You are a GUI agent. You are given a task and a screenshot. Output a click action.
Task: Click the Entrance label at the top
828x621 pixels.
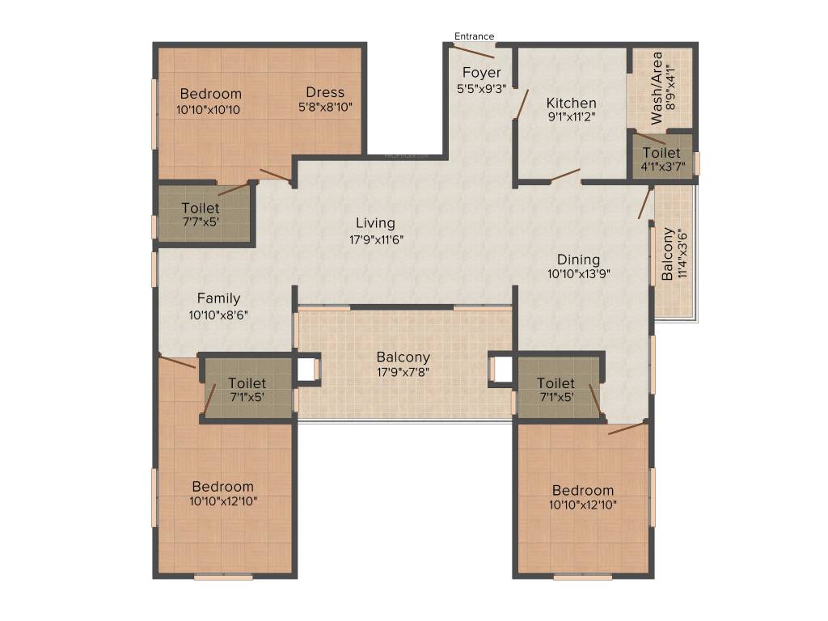[474, 36]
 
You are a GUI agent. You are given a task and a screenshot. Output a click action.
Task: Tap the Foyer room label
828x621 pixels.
[481, 74]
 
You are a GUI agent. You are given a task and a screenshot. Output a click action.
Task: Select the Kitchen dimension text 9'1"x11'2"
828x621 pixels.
[571, 117]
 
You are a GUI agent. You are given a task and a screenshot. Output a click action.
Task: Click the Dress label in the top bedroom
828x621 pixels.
[325, 92]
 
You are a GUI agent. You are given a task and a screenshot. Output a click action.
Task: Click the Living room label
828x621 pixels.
[376, 223]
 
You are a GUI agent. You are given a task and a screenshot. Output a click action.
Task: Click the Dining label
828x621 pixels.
[578, 260]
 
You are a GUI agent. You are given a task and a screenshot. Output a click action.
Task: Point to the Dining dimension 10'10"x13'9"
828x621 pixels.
[578, 274]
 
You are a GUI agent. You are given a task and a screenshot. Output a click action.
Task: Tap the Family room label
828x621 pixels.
[218, 299]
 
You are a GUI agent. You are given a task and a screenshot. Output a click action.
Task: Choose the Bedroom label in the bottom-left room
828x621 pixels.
[222, 487]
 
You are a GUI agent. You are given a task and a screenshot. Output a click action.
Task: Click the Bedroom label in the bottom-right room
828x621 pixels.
[583, 491]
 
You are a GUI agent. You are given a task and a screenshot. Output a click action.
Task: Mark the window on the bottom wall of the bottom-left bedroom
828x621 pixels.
[223, 577]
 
